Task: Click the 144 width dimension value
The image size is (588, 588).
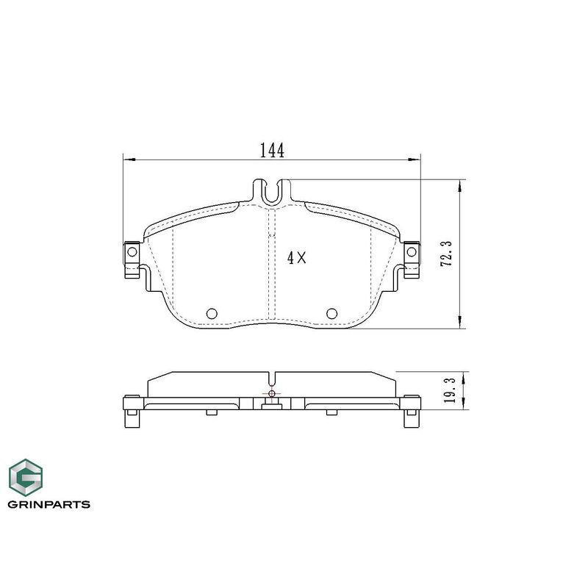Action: (272, 151)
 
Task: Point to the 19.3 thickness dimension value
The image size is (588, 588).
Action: (449, 390)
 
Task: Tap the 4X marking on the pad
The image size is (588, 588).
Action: (297, 258)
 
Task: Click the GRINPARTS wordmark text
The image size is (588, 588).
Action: (49, 504)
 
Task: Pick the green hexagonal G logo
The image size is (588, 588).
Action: (26, 477)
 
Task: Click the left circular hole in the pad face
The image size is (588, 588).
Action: (212, 313)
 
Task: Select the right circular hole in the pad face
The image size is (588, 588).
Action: (332, 313)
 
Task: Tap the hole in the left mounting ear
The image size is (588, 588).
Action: (132, 251)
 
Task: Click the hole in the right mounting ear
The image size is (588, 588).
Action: (412, 251)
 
